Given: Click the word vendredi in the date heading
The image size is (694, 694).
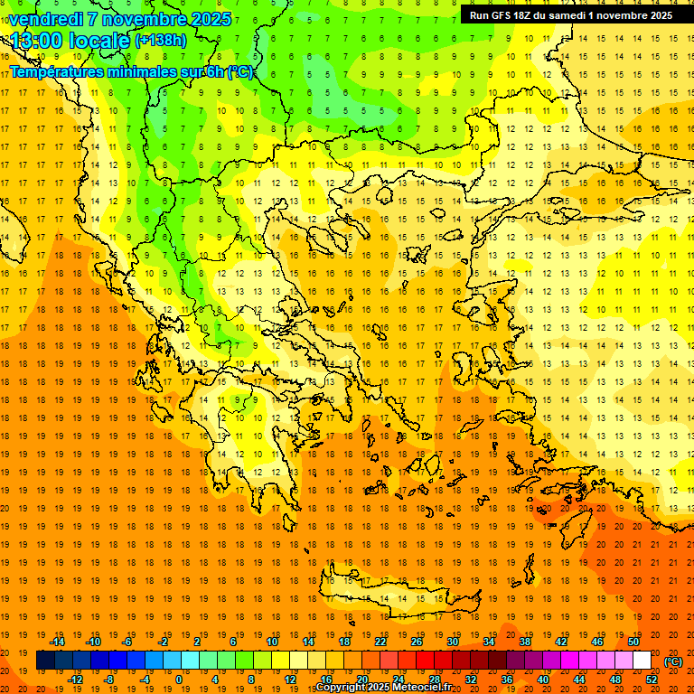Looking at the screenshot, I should tap(47, 19).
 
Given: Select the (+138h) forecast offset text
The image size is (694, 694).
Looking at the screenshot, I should tap(160, 40).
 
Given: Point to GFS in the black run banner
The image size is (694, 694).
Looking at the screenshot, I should tap(502, 15).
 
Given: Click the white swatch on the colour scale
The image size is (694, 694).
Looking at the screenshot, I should tap(642, 661).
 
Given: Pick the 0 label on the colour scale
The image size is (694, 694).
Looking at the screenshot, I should tap(178, 680).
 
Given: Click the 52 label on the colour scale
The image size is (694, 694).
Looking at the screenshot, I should tap(652, 680).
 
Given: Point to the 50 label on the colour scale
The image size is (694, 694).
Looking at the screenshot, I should tap(633, 642).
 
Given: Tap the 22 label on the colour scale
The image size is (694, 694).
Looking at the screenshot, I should tap(380, 642).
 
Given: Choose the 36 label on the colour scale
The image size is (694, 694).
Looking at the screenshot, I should tap(507, 680).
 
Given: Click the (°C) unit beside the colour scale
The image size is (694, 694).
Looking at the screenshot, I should tap(673, 661).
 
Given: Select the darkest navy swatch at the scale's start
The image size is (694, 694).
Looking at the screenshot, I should tap(45, 661).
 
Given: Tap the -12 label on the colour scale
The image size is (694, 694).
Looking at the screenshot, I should tap(75, 680).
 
